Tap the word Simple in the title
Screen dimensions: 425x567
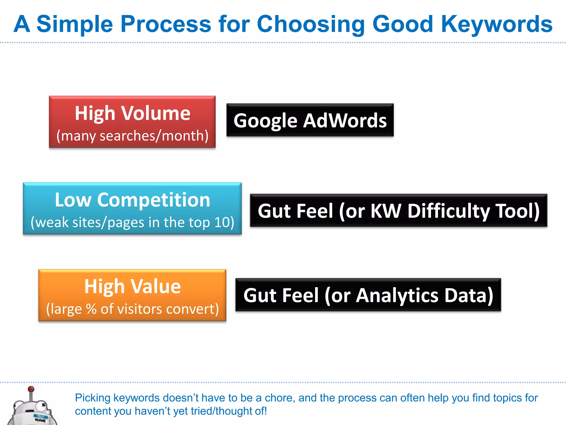coord(75,24)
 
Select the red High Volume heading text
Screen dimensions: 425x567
coord(132,113)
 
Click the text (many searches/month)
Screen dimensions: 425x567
coord(132,136)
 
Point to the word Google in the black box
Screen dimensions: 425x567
coord(265,121)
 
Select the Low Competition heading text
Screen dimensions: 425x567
coord(132,200)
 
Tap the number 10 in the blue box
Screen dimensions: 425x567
coord(222,222)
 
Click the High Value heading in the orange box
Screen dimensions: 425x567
coord(132,286)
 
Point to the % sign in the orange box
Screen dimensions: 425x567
coord(91,309)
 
